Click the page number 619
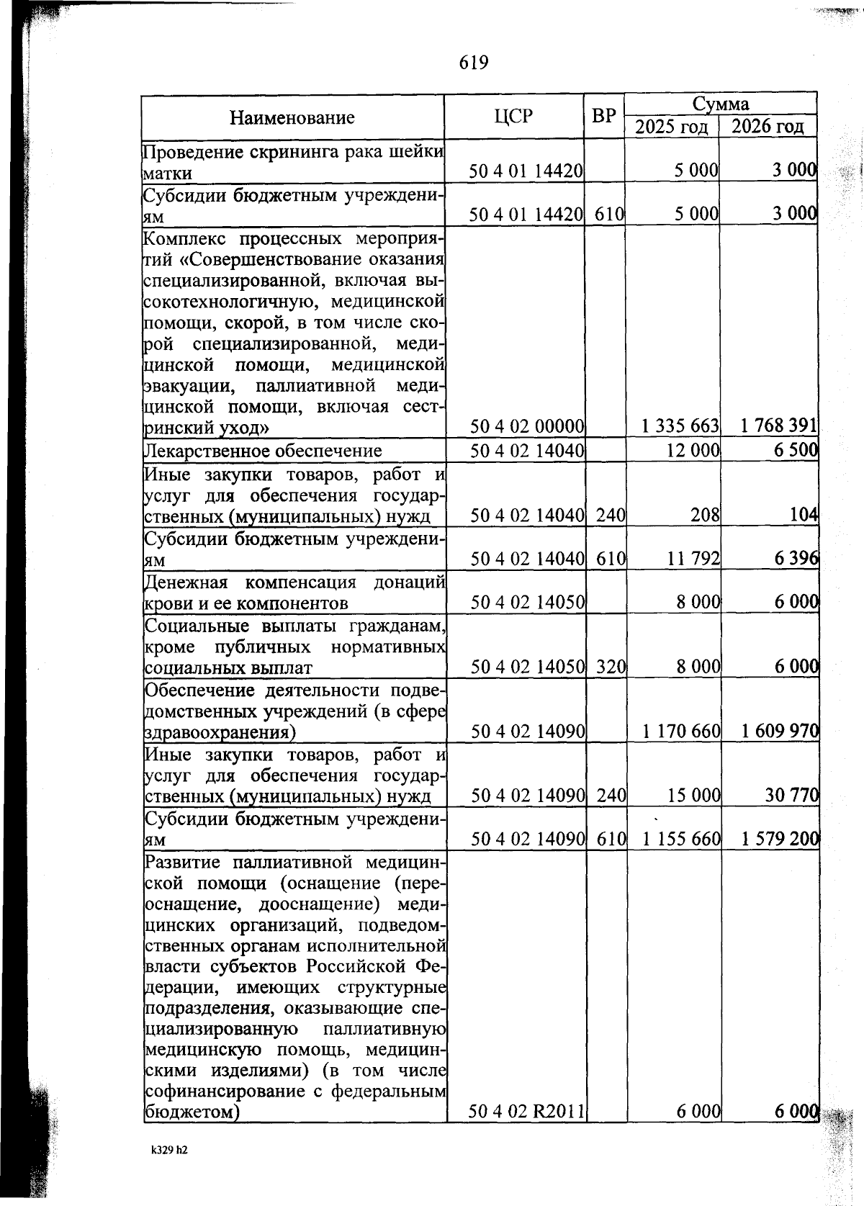click(x=474, y=63)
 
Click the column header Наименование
click(x=292, y=117)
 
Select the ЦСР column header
click(x=513, y=116)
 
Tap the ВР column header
click(x=603, y=116)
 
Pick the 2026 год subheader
click(x=768, y=127)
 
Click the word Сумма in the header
click(x=720, y=104)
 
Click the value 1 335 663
click(x=680, y=426)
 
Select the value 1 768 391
click(x=779, y=426)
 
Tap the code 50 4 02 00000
click(x=526, y=427)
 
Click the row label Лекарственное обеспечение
click(x=264, y=451)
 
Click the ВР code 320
click(x=611, y=667)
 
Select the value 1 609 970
click(x=780, y=732)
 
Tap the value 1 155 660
click(x=681, y=839)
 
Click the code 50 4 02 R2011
click(x=526, y=1111)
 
